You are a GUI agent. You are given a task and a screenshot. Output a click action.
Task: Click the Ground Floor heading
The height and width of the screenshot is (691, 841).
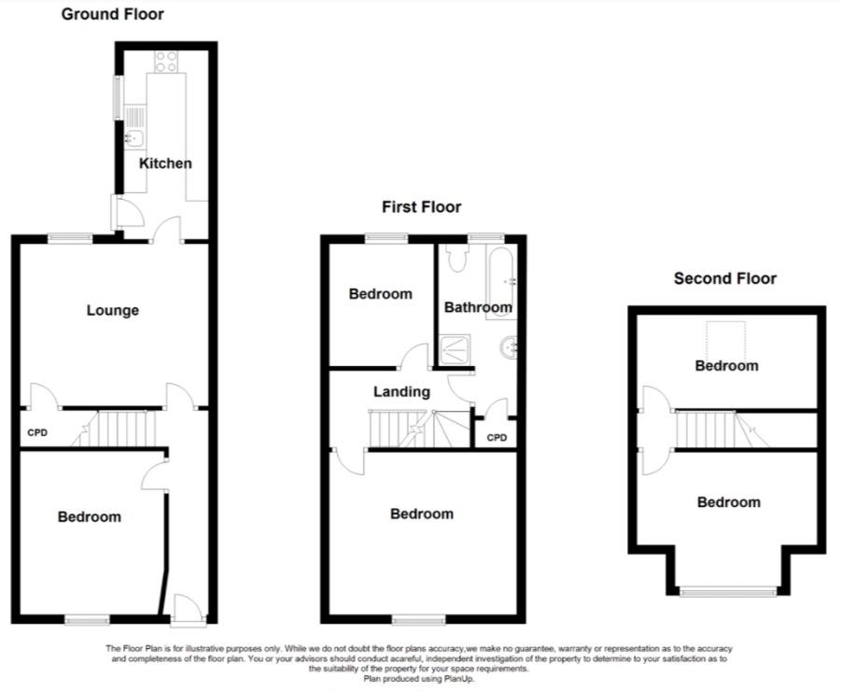113,14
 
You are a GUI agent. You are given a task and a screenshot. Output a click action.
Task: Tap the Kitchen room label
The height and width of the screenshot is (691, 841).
165,163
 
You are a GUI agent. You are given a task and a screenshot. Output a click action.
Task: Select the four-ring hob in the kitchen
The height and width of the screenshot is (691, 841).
166,61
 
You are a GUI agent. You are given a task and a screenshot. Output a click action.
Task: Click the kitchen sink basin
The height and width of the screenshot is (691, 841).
134,138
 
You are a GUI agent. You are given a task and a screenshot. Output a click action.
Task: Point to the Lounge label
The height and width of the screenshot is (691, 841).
113,310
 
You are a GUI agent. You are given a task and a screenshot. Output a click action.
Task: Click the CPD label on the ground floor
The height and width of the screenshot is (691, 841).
37,432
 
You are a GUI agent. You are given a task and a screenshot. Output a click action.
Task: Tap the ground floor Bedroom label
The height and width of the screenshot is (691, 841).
90,516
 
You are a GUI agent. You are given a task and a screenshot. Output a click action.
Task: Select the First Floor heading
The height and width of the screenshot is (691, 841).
422,207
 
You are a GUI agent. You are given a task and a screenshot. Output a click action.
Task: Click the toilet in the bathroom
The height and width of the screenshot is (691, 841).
457,258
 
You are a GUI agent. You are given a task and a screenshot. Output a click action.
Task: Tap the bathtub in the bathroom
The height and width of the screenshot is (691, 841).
501,282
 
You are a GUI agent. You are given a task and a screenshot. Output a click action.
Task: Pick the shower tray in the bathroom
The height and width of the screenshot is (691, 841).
456,350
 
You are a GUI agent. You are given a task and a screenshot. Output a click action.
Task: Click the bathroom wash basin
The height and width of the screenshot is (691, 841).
509,348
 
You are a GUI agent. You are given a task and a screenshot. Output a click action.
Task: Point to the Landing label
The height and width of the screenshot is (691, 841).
401,391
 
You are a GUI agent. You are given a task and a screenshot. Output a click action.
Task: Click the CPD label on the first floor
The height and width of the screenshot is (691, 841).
497,438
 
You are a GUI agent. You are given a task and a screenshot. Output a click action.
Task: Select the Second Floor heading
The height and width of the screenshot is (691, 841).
725,278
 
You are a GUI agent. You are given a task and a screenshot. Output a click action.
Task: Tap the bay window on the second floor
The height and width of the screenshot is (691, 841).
728,592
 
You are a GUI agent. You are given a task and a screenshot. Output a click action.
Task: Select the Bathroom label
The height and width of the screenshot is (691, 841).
478,307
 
